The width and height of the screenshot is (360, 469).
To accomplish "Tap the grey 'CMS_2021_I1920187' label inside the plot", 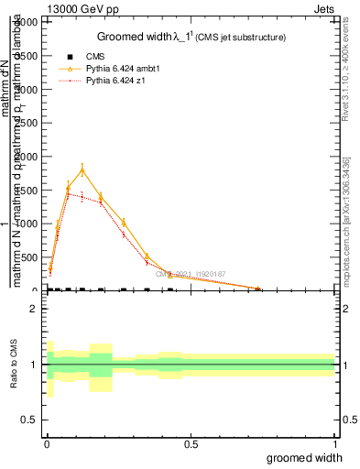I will tap(191, 274).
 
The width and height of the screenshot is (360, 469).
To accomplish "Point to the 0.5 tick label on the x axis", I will tap(191, 444).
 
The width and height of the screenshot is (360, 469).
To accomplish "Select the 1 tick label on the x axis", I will tap(335, 444).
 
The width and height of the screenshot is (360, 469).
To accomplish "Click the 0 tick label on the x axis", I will tap(46, 444).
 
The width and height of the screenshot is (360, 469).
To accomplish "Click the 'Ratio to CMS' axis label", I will tap(14, 365).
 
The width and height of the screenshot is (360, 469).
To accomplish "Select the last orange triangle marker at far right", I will tap(258, 289).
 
